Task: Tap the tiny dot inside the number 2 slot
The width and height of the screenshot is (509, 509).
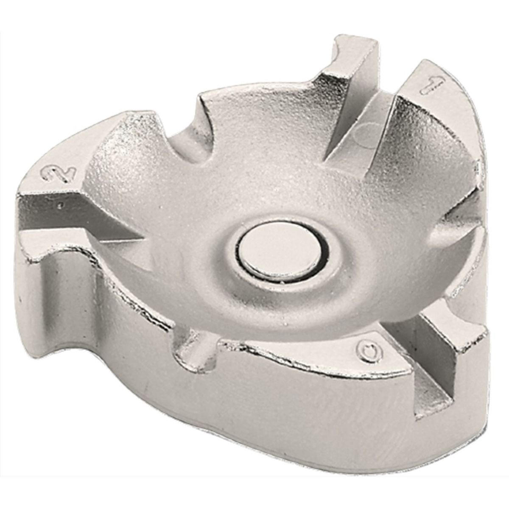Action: pos(61,204)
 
